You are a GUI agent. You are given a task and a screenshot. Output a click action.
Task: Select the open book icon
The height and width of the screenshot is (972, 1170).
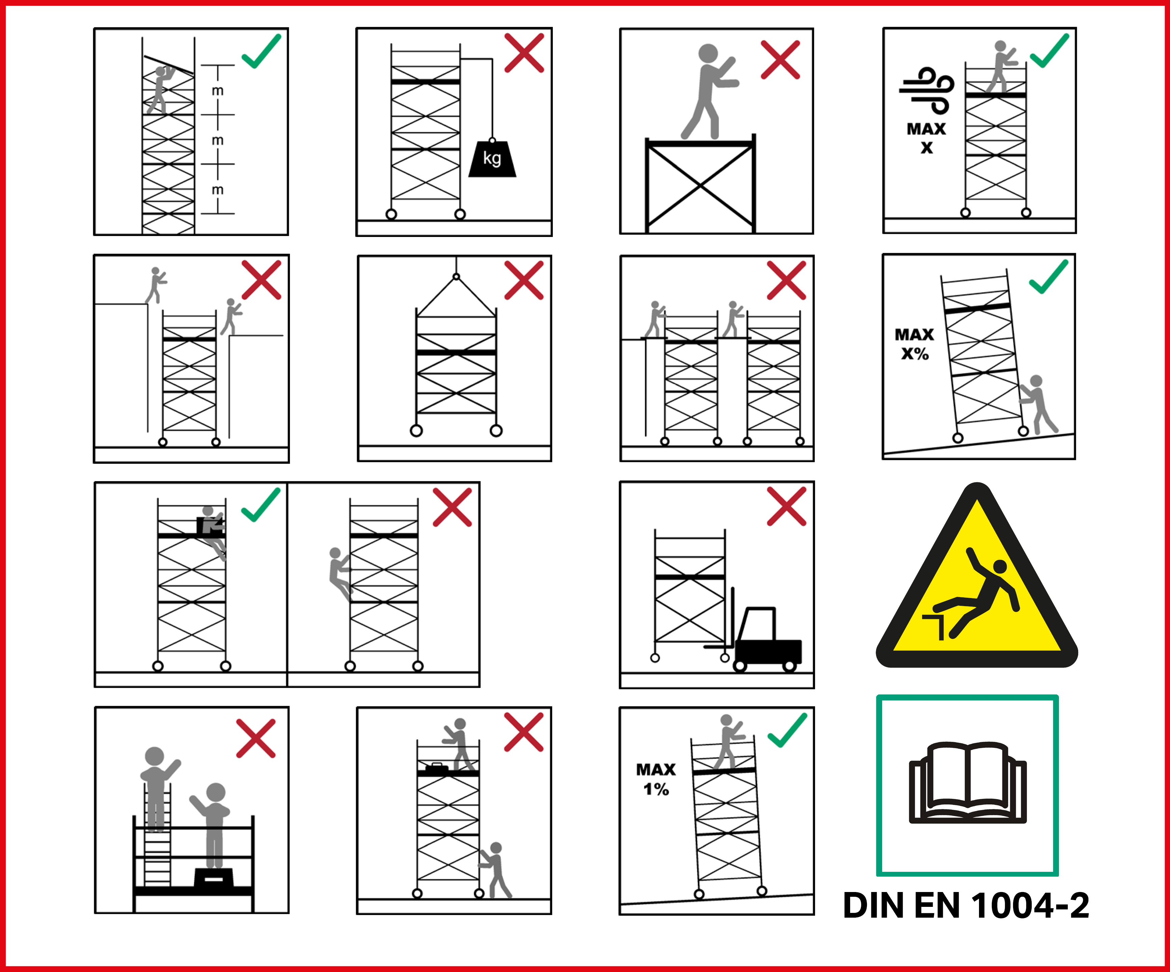pos(968,783)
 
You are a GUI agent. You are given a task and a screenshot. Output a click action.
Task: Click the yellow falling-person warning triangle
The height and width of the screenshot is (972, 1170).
pos(977,579)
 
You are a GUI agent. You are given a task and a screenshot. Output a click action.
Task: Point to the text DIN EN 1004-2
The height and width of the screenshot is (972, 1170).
pos(966,906)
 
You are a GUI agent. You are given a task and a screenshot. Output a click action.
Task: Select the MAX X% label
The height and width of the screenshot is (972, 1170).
pos(914,344)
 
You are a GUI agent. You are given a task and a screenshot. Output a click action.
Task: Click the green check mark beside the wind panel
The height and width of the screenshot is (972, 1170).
pos(1049,50)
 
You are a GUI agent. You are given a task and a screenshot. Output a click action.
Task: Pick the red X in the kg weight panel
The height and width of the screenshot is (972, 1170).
pos(524,53)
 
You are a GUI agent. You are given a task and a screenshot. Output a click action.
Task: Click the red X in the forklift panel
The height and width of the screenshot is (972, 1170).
pos(786,506)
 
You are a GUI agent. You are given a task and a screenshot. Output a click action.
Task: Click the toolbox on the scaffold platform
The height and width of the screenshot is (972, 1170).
pos(437,768)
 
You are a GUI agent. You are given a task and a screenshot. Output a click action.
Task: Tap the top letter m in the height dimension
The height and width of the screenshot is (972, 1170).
pos(218,90)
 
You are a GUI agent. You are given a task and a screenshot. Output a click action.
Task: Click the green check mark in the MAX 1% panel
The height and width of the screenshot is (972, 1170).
pos(787,730)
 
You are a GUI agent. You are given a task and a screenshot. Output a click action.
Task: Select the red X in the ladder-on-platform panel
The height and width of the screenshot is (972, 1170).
pos(256,738)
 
